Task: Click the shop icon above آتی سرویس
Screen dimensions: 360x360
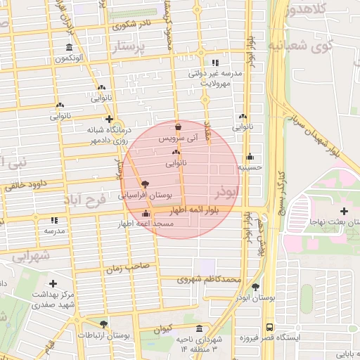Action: (177, 127)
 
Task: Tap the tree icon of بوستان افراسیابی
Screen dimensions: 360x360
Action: (145, 183)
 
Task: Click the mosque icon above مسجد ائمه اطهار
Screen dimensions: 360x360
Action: (146, 214)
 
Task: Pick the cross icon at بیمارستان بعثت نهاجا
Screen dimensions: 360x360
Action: (343, 211)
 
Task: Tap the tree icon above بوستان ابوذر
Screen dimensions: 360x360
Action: (255, 287)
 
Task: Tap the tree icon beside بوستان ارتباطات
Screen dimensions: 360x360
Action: (104, 324)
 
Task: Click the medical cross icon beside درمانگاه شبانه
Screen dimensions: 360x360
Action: (108, 119)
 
